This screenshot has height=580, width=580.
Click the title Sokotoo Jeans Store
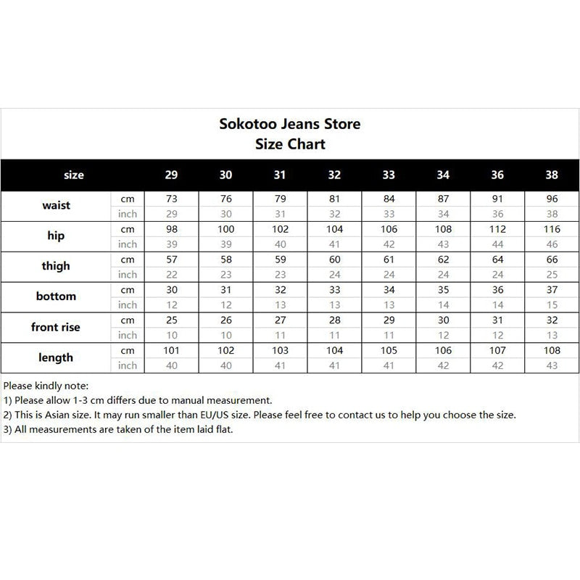[x=289, y=123]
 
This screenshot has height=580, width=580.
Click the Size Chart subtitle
[x=290, y=144]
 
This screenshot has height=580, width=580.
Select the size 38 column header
[x=552, y=175]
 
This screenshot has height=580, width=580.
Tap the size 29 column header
[x=171, y=175]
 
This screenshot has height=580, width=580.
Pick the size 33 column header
[x=389, y=175]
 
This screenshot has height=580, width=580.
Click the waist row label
[x=56, y=205]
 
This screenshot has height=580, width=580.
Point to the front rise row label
[x=56, y=327]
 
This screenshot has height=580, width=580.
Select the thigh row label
[x=56, y=266]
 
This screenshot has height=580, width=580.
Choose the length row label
[x=56, y=357]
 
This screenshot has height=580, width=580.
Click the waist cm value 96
[x=552, y=198]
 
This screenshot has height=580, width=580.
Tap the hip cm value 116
[x=552, y=229]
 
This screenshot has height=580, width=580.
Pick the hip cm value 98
[x=171, y=229]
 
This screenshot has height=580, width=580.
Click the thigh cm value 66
[x=552, y=260]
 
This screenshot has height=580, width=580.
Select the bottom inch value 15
[x=552, y=305]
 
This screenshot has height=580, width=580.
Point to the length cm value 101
[x=171, y=351]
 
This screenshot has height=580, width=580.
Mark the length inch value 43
[x=552, y=366]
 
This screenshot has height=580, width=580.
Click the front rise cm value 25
[x=171, y=320]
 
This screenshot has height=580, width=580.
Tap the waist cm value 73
[x=171, y=198]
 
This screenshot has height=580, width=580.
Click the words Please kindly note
[x=46, y=385]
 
